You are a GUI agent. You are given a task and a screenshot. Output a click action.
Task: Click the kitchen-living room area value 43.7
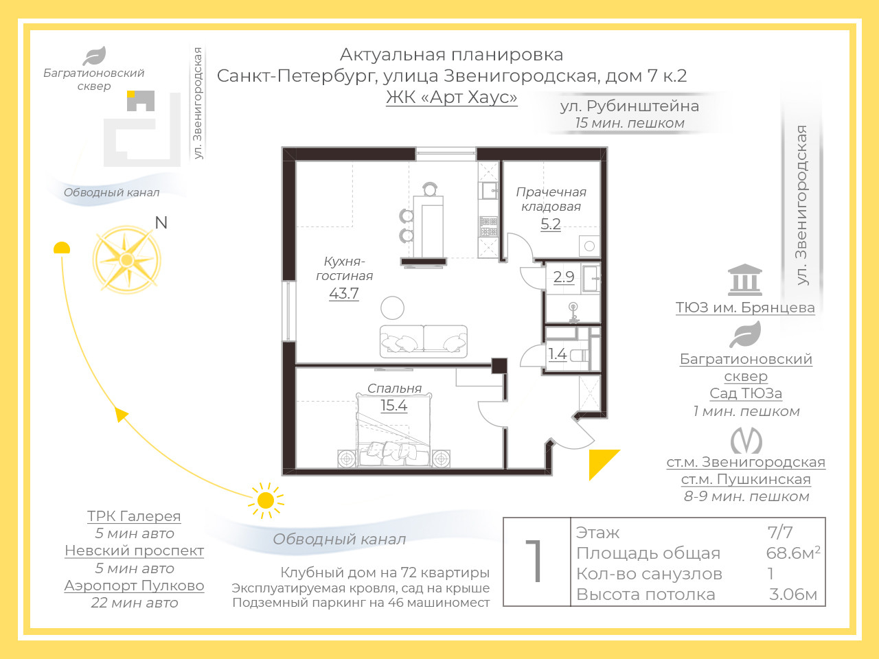point(343,293)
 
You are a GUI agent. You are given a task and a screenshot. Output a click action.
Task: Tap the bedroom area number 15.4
point(393,405)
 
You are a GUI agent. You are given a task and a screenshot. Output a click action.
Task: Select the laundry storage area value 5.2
point(551,224)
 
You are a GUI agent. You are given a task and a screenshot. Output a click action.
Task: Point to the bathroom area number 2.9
point(564,277)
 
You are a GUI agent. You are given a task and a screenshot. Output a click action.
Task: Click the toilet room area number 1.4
point(557,354)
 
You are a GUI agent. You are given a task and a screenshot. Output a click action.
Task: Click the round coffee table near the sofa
point(392,308)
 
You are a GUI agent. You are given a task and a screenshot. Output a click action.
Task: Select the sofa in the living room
point(423,341)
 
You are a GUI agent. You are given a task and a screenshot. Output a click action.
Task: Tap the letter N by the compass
point(161,222)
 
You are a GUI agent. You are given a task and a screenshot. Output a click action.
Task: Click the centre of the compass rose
point(126,260)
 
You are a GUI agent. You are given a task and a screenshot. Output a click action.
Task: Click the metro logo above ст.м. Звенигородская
point(746,440)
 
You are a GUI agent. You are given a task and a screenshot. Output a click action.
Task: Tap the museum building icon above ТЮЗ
point(745,279)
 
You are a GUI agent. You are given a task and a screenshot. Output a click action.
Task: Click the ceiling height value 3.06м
point(793,594)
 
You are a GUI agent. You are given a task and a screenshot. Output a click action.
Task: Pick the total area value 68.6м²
point(793,553)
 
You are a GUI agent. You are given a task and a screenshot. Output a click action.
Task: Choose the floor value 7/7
point(780,532)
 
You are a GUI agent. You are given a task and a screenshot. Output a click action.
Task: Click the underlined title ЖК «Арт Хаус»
point(452,97)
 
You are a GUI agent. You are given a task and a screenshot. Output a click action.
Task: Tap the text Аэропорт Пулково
point(134,586)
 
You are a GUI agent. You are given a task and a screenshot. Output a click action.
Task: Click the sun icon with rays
point(266,500)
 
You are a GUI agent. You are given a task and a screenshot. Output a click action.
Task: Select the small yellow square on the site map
point(130,94)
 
